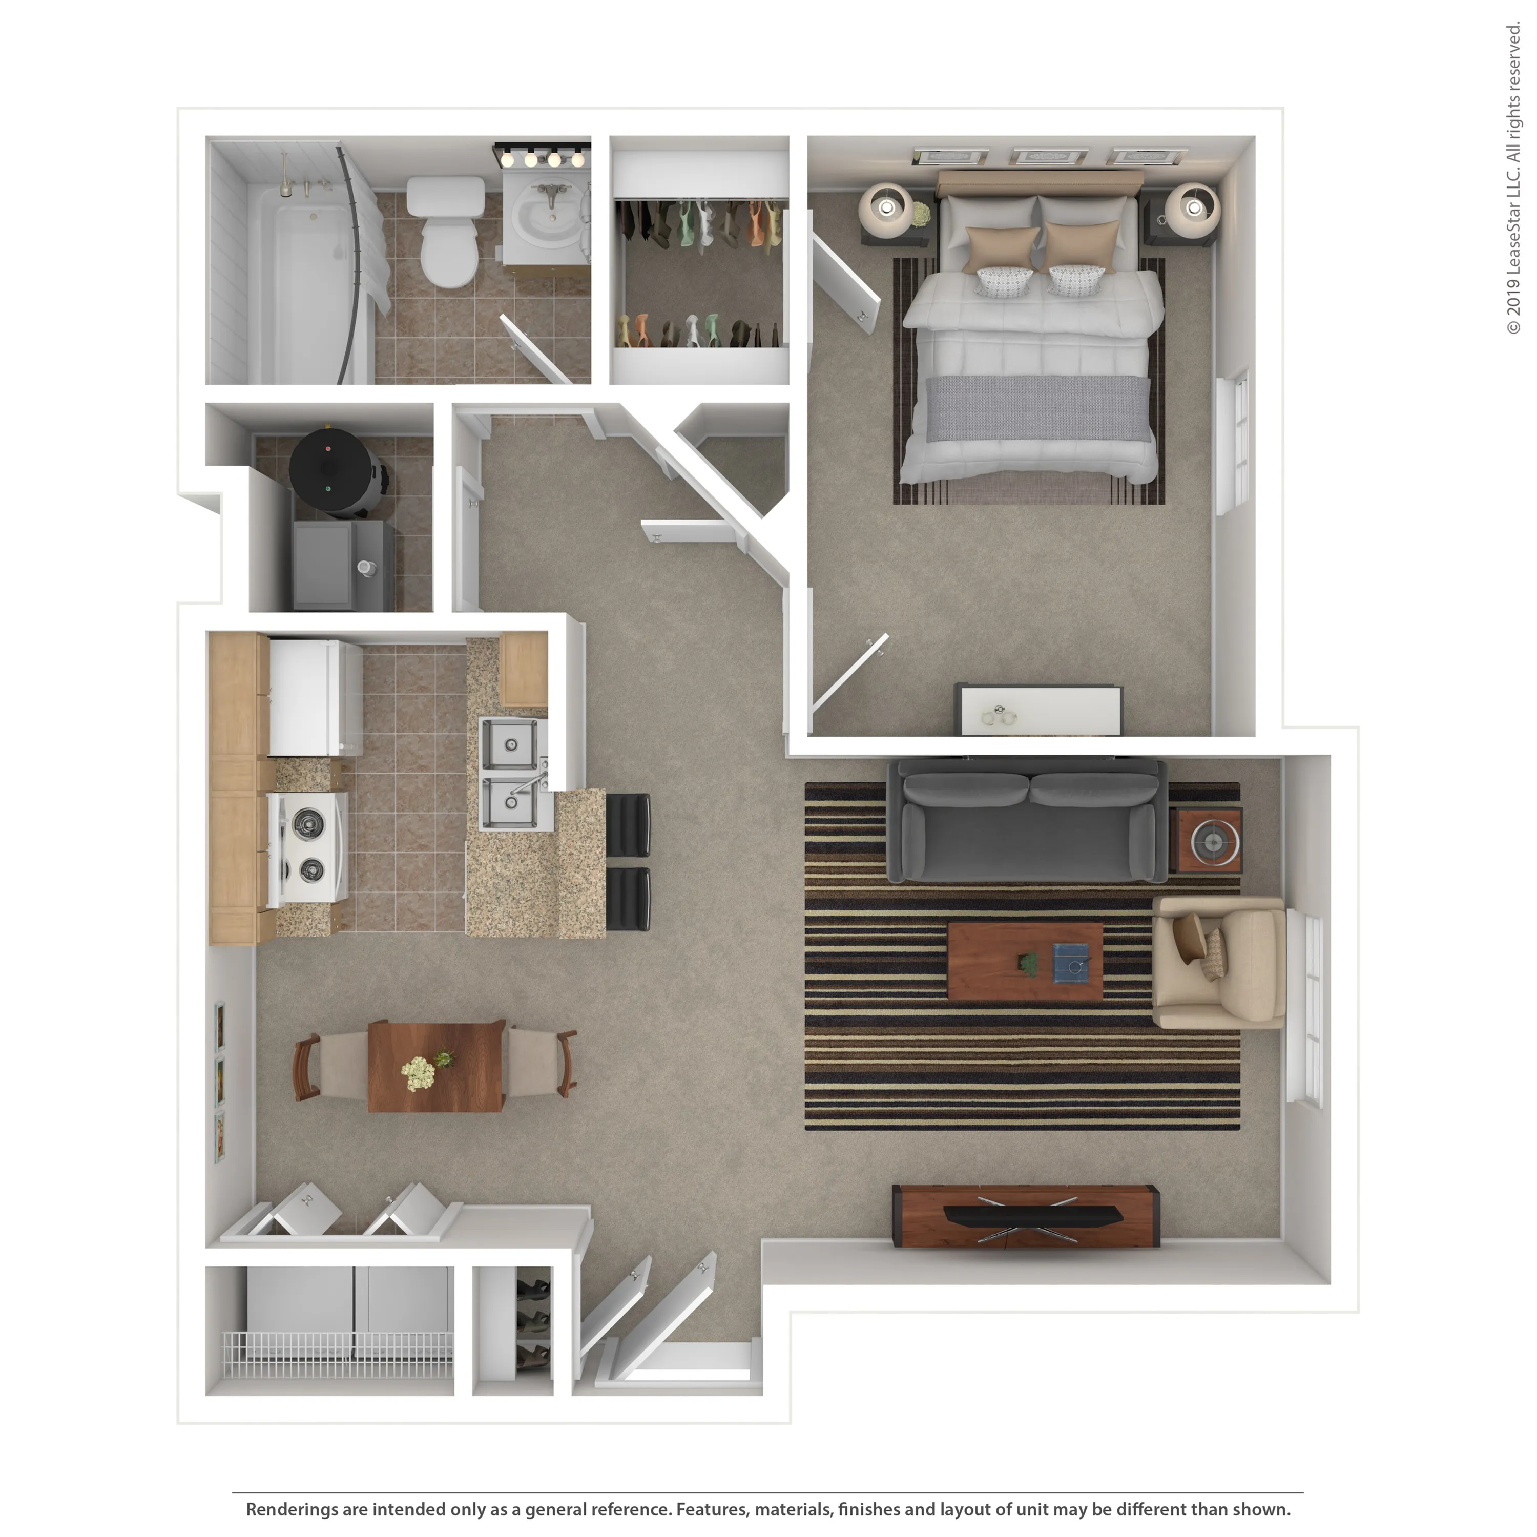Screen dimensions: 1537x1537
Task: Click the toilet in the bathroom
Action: tap(446, 231)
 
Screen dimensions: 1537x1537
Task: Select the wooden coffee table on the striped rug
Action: tap(1025, 961)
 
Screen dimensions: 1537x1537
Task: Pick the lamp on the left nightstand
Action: tap(886, 209)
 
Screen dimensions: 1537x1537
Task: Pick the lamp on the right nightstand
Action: tap(1193, 209)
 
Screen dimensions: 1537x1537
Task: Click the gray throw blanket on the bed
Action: tap(1038, 408)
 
